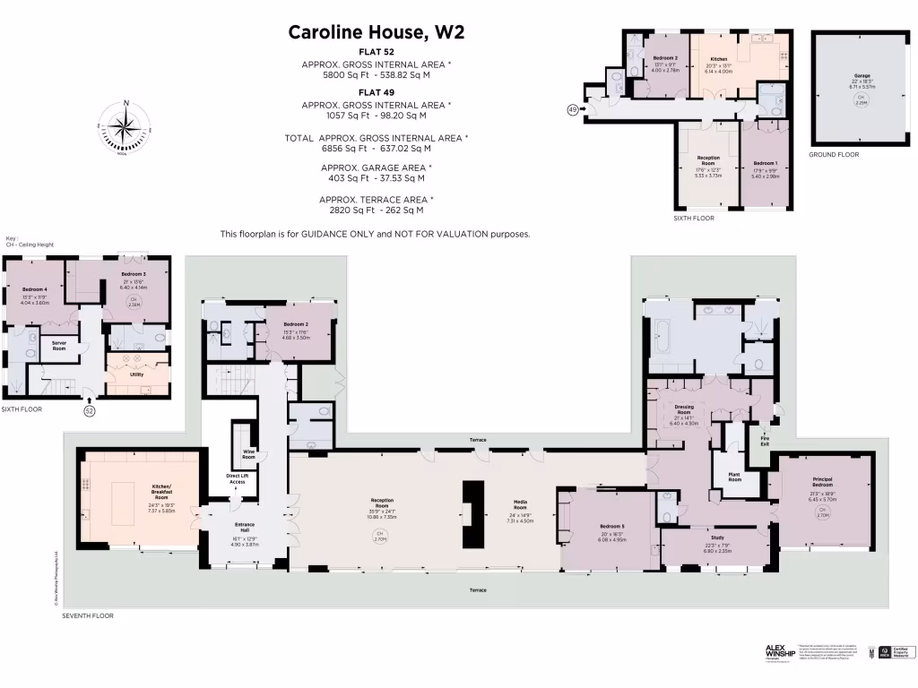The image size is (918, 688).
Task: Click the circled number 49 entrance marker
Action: [x=573, y=109]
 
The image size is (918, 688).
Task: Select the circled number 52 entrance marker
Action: [x=89, y=410]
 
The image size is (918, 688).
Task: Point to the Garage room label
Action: [x=862, y=76]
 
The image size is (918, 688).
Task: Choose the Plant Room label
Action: [x=734, y=477]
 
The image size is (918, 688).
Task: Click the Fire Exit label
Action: [x=765, y=442]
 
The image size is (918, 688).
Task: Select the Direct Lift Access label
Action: [x=237, y=479]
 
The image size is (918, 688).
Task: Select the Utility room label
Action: [x=136, y=375]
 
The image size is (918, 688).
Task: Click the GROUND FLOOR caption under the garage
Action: [x=834, y=155]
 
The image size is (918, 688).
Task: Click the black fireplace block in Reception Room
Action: [x=472, y=514]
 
